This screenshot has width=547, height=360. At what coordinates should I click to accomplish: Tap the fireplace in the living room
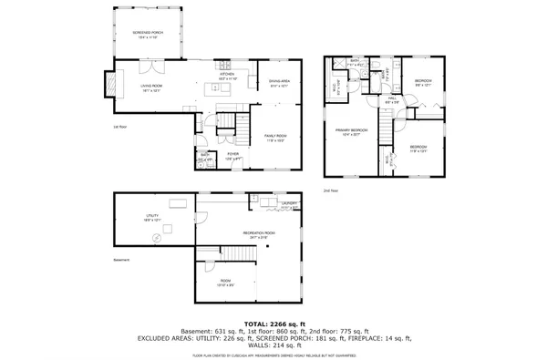(x=114, y=85)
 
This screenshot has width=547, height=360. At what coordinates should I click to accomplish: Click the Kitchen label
(x=227, y=76)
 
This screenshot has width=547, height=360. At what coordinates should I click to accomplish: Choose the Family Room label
(x=275, y=137)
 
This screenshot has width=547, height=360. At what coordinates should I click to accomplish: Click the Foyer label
(x=232, y=157)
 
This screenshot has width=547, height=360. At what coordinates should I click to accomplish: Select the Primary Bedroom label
(x=352, y=132)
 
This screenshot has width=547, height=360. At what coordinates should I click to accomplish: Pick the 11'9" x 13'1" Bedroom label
(x=418, y=149)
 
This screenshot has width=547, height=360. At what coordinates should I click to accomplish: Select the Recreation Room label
(x=255, y=235)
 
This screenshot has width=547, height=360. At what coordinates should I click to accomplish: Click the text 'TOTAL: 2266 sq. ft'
(x=273, y=323)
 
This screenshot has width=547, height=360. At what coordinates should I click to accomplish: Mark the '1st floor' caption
(x=119, y=127)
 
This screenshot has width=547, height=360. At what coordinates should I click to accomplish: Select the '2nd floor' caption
(x=330, y=190)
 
